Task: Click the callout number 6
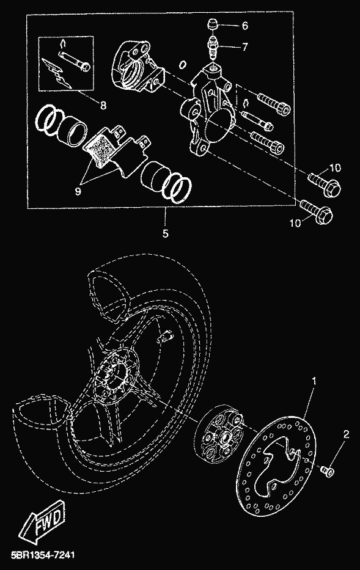pos(244,26)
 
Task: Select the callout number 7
pos(244,47)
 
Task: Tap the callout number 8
pos(103,106)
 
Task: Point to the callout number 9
pos(78,191)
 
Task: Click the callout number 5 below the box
pos(166,233)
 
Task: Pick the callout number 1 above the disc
pos(314,381)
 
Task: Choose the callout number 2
pos(346,434)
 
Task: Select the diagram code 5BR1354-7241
pos(43,555)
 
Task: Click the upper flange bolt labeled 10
pos(325,185)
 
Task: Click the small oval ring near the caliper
pos(183,65)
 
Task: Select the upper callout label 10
pos(335,167)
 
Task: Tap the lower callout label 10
pos(295,222)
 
